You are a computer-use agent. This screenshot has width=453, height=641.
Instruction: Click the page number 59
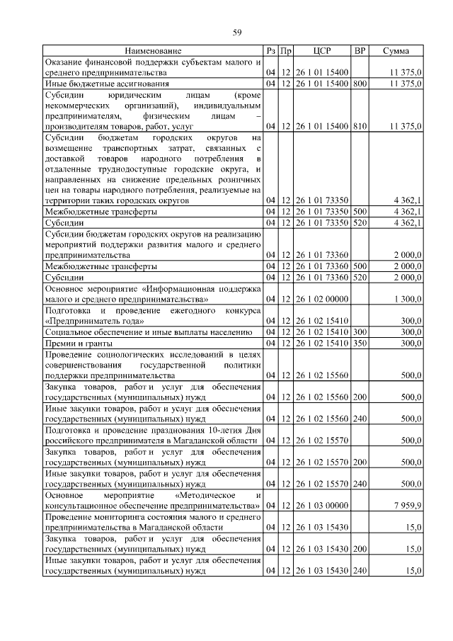click(238, 32)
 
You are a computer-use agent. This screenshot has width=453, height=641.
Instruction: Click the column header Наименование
click(153, 51)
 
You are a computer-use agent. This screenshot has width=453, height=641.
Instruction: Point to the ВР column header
click(360, 51)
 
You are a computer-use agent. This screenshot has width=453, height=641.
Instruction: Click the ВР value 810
click(360, 126)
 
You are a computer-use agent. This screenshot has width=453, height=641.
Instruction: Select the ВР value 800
click(360, 84)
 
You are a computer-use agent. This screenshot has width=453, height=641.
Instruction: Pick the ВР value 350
click(360, 344)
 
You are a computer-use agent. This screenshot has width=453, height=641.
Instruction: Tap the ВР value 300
click(360, 331)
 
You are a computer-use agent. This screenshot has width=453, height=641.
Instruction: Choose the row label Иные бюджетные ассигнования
click(107, 84)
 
